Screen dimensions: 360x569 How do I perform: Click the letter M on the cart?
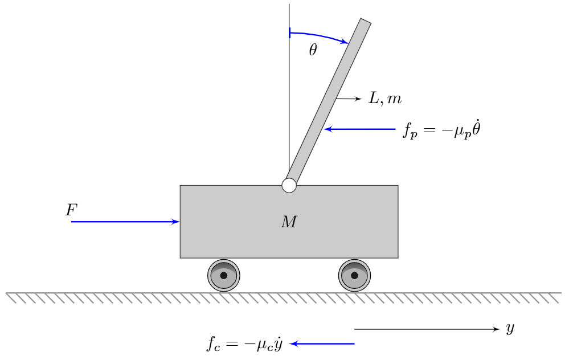tap(289, 223)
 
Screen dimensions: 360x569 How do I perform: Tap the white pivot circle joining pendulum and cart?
tap(289, 185)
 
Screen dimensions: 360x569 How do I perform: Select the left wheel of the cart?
tap(223, 275)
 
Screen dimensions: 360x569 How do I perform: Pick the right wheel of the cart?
tap(354, 275)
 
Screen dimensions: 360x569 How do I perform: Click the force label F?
tap(71, 210)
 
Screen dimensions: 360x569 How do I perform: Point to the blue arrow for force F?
tap(125, 222)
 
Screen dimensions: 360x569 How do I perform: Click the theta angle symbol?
tap(313, 51)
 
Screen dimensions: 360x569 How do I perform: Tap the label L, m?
tap(385, 99)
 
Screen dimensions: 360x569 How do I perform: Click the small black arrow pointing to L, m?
tap(349, 99)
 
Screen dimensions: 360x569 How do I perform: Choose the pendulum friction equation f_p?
tap(437, 130)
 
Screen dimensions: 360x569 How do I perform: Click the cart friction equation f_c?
tap(245, 344)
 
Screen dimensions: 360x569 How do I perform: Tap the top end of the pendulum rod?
tap(365, 22)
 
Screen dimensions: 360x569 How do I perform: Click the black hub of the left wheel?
tap(223, 275)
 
